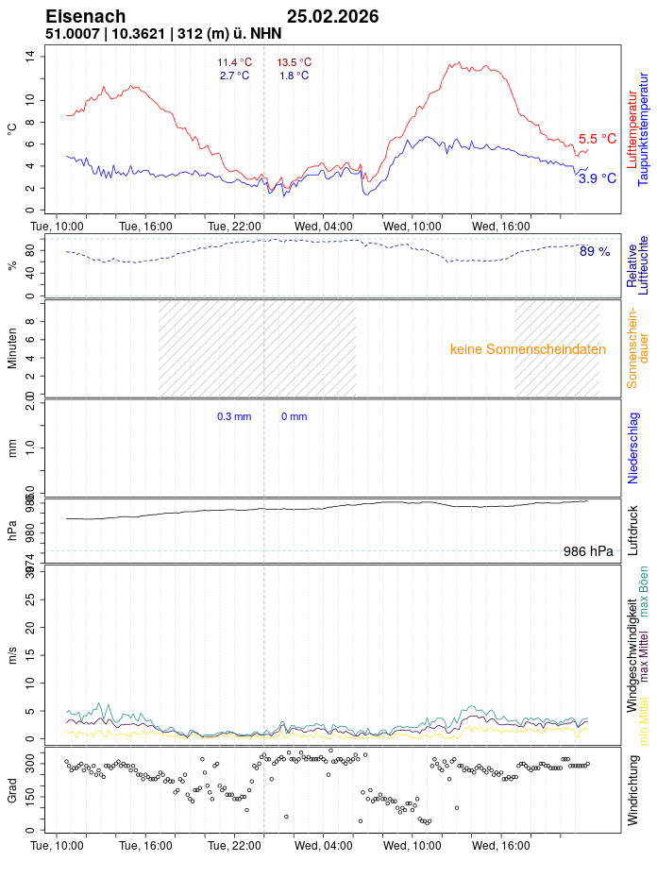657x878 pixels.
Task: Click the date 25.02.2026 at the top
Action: [332, 16]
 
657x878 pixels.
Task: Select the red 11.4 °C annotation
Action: [234, 62]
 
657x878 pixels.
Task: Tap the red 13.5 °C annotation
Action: [294, 62]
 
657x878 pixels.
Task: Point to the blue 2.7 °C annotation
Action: [234, 76]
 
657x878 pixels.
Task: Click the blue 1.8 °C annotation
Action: [294, 76]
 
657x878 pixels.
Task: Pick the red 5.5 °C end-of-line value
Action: [597, 139]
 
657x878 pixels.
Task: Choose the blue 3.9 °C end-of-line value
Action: [597, 177]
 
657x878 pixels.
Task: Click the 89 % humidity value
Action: [595, 251]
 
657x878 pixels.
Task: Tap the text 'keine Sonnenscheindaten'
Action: [528, 349]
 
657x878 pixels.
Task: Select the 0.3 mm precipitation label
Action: [234, 416]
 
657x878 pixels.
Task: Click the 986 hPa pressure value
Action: [588, 551]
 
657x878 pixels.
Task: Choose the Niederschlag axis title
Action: [633, 447]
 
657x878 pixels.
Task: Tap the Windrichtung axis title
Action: [633, 789]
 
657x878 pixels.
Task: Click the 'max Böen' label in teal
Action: [644, 591]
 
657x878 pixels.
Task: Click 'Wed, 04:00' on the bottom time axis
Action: [323, 846]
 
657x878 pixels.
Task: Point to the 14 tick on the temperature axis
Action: [30, 56]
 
